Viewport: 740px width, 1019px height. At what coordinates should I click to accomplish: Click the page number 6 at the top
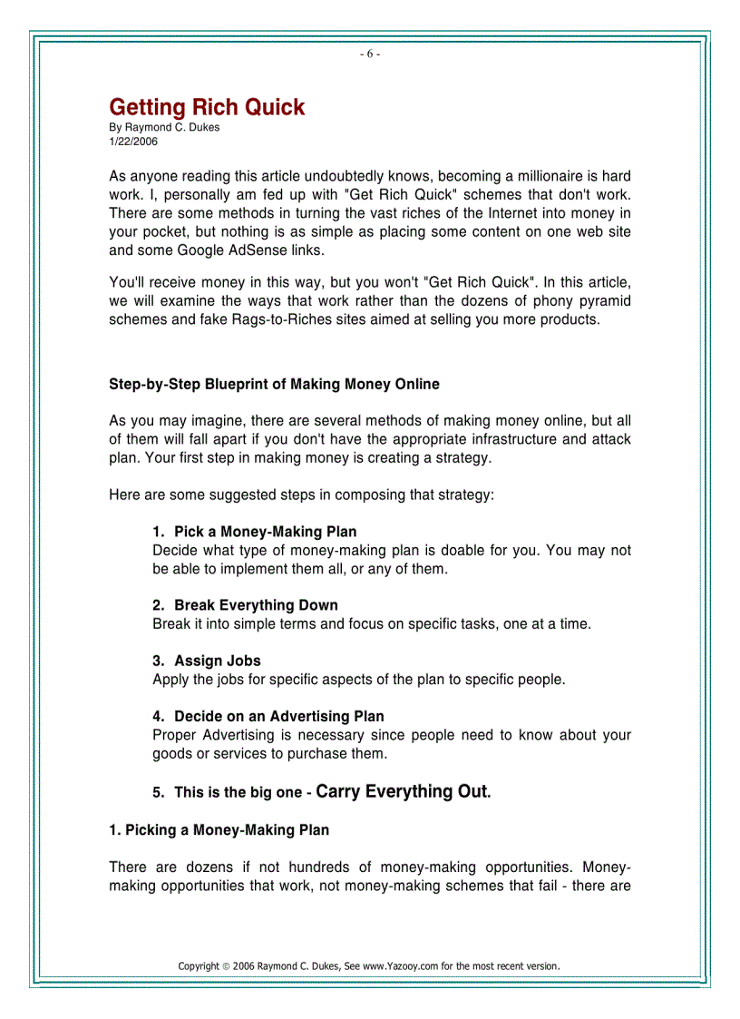coord(369,54)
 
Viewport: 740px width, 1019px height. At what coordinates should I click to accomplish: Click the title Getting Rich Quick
coord(207,107)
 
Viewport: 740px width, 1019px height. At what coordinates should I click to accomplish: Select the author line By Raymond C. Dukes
coord(164,127)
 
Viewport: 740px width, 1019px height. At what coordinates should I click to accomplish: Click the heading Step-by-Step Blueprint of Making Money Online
coord(274,384)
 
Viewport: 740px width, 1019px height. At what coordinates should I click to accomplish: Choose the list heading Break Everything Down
coord(256,605)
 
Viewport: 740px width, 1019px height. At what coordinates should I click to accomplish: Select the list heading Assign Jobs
coord(218,661)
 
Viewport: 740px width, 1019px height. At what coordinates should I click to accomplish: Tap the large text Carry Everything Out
coord(402,791)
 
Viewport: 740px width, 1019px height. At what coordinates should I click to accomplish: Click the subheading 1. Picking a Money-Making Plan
coord(219,829)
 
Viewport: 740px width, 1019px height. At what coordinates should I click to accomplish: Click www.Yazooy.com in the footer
coord(400,965)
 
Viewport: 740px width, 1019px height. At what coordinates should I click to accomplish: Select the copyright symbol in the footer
coord(226,965)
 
